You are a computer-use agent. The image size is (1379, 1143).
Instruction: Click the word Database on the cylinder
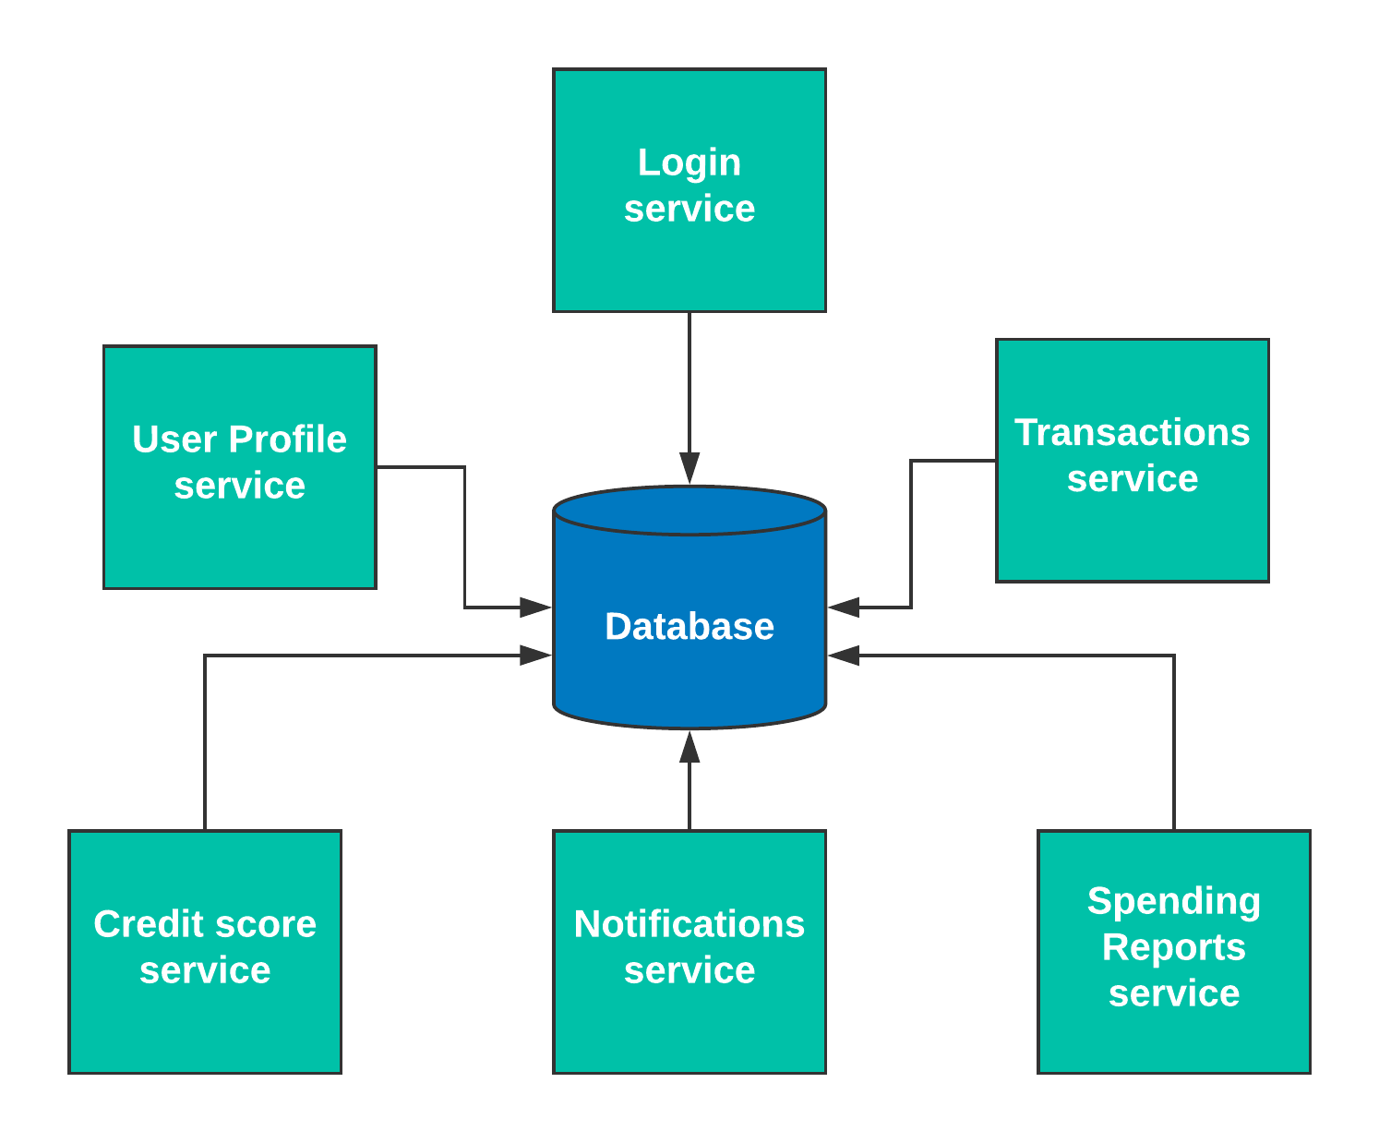coord(689,626)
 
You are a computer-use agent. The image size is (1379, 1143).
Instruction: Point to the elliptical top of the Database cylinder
coord(689,511)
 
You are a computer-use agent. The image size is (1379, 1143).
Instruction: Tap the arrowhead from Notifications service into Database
coord(689,747)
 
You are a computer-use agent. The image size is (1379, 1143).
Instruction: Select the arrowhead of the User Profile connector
coord(535,607)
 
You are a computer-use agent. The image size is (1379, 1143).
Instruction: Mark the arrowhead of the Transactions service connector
coord(844,607)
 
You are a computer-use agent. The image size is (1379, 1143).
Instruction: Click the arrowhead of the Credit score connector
coord(535,655)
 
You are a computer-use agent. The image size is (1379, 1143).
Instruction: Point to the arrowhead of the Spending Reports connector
coord(844,655)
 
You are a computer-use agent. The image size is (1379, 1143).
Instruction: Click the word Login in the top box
coord(689,162)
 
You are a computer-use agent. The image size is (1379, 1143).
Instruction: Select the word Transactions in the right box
coord(1132,432)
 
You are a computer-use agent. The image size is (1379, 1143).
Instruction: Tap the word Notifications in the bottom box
coord(689,923)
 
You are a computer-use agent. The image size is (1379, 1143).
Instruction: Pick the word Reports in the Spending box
coord(1173,947)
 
